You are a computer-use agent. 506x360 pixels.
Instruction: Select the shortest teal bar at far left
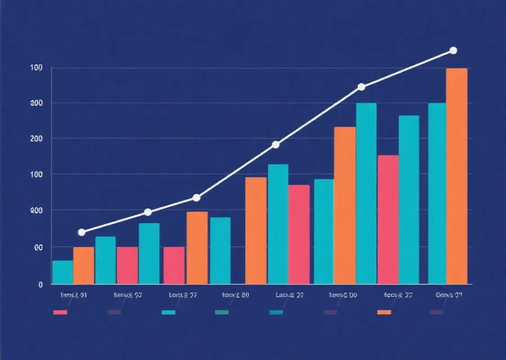click(62, 272)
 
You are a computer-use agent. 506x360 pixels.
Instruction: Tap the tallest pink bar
click(388, 219)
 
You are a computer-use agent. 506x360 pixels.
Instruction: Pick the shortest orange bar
click(84, 265)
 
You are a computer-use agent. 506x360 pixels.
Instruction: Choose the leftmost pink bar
click(127, 265)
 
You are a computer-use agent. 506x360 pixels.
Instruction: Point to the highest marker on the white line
click(453, 51)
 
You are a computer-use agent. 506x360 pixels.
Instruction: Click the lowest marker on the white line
click(82, 232)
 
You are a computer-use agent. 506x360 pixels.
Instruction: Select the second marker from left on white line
click(148, 212)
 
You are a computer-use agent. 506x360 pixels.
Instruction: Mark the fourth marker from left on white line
click(275, 145)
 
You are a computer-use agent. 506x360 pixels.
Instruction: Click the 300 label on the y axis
click(37, 103)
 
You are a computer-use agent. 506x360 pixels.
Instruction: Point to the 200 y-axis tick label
click(37, 138)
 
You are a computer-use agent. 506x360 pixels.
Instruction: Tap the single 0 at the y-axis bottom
click(40, 285)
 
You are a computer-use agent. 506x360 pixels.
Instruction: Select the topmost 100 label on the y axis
click(37, 68)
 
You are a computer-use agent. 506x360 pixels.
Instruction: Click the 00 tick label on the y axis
click(38, 247)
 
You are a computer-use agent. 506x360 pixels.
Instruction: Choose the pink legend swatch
click(60, 312)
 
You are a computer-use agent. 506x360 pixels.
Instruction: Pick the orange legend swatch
click(384, 312)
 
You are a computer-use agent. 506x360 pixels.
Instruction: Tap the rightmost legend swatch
click(437, 312)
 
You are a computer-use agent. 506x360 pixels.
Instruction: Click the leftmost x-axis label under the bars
click(73, 294)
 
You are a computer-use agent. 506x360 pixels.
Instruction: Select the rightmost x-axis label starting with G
click(449, 294)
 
